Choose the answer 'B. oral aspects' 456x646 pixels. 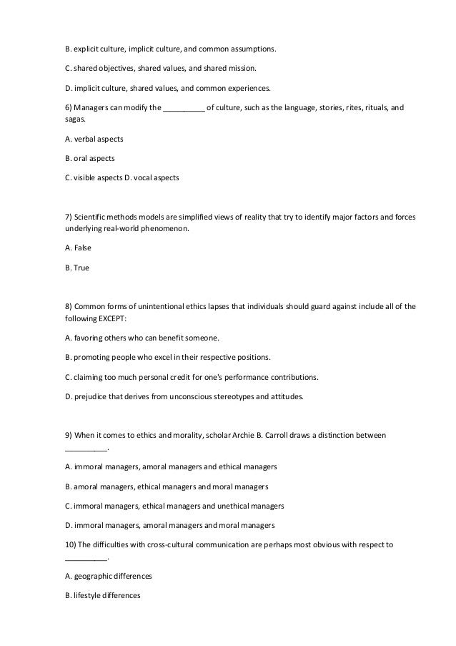[x=90, y=158]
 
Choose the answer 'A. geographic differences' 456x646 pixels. [x=108, y=576]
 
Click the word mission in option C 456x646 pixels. [x=245, y=68]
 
